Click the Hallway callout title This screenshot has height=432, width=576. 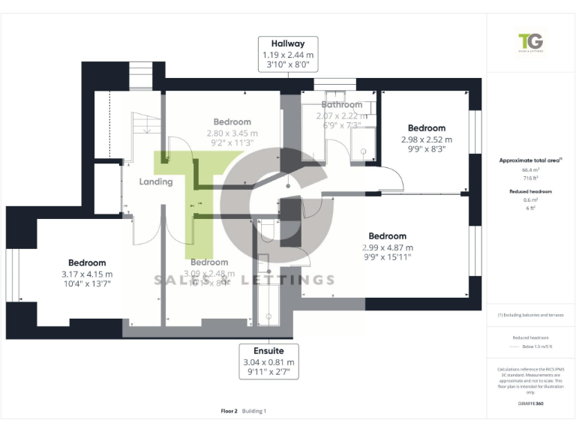tap(289, 44)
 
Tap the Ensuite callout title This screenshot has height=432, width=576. tap(268, 352)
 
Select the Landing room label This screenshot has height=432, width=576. tap(156, 181)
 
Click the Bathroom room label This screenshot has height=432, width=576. tap(341, 105)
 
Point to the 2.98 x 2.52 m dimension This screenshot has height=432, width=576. tap(426, 139)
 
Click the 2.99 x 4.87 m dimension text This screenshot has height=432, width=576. tap(388, 247)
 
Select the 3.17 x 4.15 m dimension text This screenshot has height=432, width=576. tap(87, 274)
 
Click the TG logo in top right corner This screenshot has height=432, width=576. tap(531, 43)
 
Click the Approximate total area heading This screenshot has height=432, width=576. tap(529, 160)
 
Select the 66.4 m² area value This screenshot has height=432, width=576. tap(531, 170)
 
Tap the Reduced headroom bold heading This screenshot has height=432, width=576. tap(531, 192)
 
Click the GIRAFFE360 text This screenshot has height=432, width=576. tap(530, 404)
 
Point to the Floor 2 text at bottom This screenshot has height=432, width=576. tap(229, 411)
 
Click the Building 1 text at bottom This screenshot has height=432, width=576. tap(254, 411)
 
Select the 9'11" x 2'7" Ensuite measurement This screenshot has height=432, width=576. tap(268, 373)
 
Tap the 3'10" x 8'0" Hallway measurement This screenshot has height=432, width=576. tap(289, 65)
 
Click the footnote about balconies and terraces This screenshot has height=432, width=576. tap(531, 314)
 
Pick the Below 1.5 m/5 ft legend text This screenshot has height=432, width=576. tap(537, 347)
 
